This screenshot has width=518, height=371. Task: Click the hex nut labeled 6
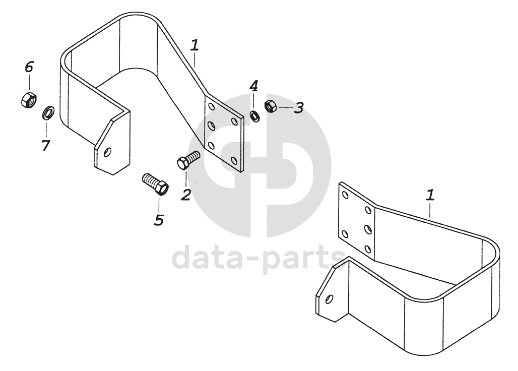pyautogui.click(x=29, y=100)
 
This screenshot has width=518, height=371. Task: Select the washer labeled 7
pyautogui.click(x=48, y=112)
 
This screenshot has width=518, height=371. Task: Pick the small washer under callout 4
pyautogui.click(x=254, y=116)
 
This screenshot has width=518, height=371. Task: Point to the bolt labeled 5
pyautogui.click(x=155, y=184)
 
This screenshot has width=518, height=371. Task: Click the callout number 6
pyautogui.click(x=29, y=67)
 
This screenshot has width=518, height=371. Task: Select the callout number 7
pyautogui.click(x=45, y=145)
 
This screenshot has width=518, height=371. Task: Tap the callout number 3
pyautogui.click(x=299, y=108)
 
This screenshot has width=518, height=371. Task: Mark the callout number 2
pyautogui.click(x=186, y=194)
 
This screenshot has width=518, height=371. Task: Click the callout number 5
pyautogui.click(x=159, y=220)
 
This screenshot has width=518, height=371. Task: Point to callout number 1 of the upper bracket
pyautogui.click(x=195, y=45)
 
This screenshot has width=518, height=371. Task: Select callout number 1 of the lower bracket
pyautogui.click(x=430, y=195)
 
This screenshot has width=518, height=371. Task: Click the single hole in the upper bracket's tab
pyautogui.click(x=107, y=152)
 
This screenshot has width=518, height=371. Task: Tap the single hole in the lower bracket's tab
pyautogui.click(x=329, y=299)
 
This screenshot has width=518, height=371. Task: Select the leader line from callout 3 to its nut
pyautogui.click(x=286, y=107)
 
